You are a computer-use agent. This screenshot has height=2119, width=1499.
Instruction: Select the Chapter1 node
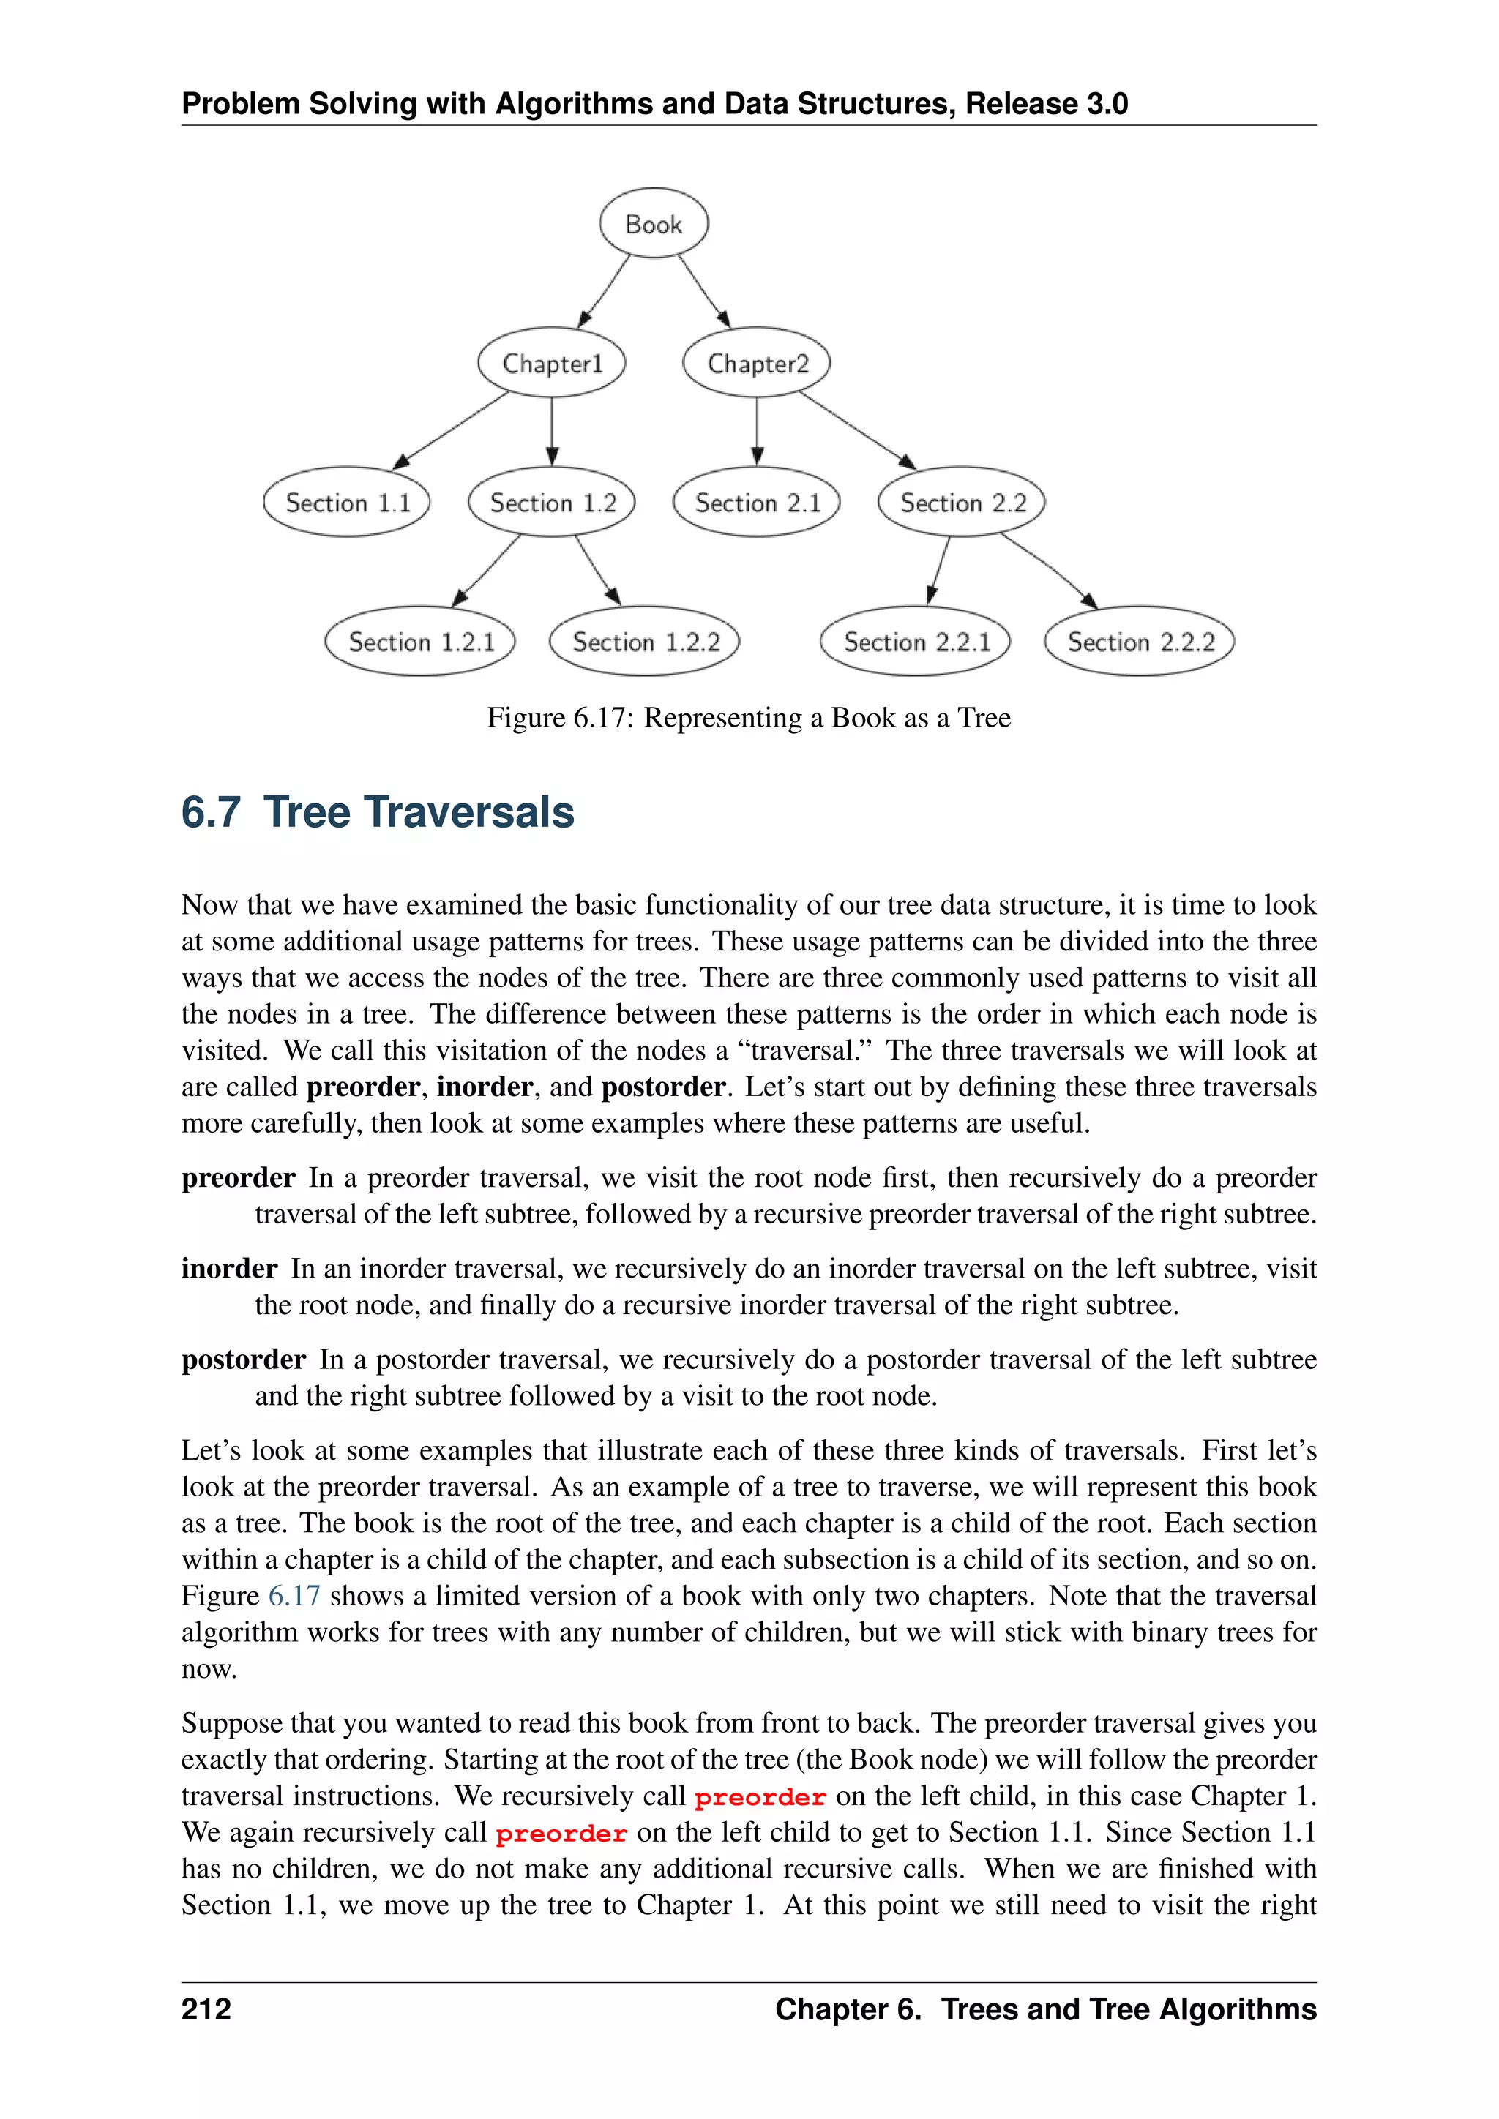(x=552, y=363)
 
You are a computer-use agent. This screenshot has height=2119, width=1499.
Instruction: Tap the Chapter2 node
(x=757, y=363)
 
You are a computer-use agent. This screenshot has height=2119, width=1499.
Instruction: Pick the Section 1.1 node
(x=347, y=502)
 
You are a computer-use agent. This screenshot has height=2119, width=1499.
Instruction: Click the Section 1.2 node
(x=552, y=502)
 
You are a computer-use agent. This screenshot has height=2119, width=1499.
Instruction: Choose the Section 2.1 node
(x=757, y=502)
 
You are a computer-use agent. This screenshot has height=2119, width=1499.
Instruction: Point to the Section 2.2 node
(x=962, y=502)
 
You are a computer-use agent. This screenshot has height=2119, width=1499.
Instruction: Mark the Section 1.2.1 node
(x=421, y=642)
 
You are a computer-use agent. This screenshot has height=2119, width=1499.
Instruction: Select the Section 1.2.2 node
(x=645, y=642)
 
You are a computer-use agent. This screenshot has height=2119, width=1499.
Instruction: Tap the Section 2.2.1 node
(x=916, y=642)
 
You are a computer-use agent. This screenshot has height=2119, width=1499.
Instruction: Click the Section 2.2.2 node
(x=1140, y=642)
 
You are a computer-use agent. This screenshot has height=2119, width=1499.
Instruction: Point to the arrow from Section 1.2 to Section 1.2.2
(x=597, y=570)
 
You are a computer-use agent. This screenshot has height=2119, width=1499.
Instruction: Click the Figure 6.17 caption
(x=749, y=717)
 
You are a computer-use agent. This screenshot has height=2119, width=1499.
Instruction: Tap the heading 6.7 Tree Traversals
(x=378, y=812)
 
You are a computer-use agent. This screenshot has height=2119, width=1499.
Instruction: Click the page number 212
(x=206, y=2009)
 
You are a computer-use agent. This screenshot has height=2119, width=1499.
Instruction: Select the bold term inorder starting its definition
(x=229, y=1268)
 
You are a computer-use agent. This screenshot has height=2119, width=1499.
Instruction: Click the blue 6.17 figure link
(x=294, y=1596)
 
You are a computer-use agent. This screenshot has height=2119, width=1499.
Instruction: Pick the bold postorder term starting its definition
(x=244, y=1359)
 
